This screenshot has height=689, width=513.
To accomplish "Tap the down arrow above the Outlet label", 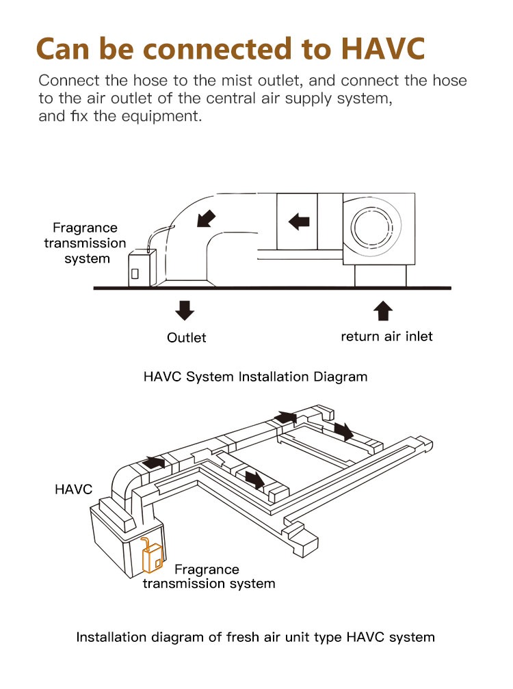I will coord(185,310).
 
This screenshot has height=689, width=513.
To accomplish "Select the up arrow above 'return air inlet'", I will coord(384,310).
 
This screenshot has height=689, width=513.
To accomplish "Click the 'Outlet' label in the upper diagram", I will coord(186,337).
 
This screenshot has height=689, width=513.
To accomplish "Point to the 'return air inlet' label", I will coord(386,336).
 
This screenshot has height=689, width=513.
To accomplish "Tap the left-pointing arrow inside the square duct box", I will coord(298,221).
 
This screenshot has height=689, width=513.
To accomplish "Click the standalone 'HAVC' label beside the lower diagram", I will coord(73,489).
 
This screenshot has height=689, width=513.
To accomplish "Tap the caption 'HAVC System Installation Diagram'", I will coord(255,377).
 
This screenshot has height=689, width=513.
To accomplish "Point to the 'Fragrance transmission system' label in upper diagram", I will coord(85,243).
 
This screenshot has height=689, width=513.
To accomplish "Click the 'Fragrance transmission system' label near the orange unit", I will coord(208,576).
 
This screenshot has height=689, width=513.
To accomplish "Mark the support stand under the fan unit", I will coord(380,276).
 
